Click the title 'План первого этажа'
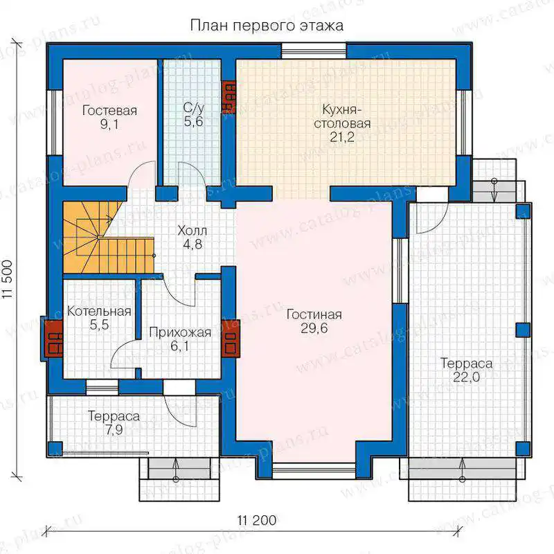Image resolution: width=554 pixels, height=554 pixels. pos(267,26)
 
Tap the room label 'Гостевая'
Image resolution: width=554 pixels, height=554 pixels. pos(109,111)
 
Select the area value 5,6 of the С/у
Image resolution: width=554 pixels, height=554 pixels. pos(194,122)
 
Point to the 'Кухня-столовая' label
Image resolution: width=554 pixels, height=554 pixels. pos(342,116)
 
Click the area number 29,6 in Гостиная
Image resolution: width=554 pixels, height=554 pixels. pos(314,328)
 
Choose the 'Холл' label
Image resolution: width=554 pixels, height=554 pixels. pos(193,231)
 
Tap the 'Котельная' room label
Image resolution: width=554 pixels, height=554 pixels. pos(99,311)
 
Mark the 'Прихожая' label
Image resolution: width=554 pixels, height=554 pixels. pos(180,332)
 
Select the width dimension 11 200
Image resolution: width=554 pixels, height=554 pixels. pos(257,521)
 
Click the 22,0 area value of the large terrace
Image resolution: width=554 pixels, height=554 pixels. pos(466,377)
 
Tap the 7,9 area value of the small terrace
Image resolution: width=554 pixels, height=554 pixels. pos(114,430)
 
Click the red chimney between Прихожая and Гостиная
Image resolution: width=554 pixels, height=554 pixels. pos(231,339)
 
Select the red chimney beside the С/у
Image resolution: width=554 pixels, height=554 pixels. pos(229,97)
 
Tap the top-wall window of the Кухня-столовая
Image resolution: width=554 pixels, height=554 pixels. pos(314,51)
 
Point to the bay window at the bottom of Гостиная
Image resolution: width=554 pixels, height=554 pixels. pos(314,470)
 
